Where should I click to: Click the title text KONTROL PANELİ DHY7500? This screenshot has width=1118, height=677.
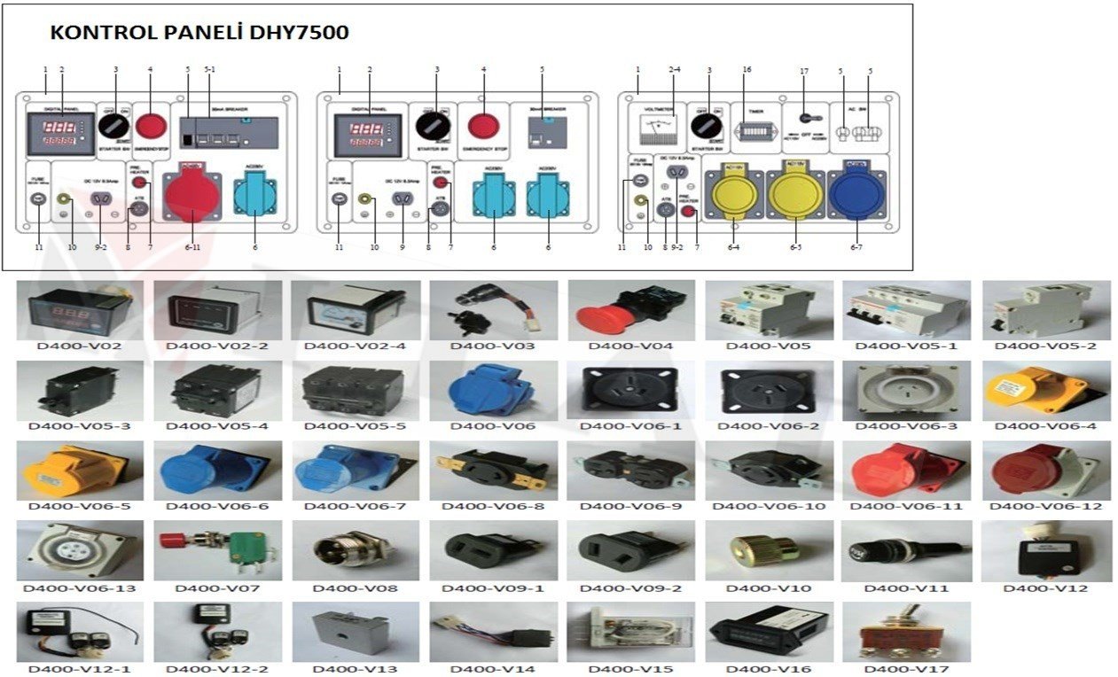pyautogui.click(x=199, y=33)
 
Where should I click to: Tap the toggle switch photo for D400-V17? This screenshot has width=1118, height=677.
pyautogui.click(x=906, y=631)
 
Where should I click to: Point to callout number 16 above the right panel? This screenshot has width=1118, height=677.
pyautogui.click(x=747, y=69)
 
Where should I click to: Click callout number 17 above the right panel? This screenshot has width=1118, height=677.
pyautogui.click(x=803, y=69)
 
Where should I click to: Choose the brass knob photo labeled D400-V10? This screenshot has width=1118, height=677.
pyautogui.click(x=769, y=550)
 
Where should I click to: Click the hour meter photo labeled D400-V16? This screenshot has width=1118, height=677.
pyautogui.click(x=769, y=631)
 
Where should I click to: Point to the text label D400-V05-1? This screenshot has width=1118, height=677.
pyautogui.click(x=906, y=346)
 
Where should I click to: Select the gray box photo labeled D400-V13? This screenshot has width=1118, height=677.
pyautogui.click(x=356, y=631)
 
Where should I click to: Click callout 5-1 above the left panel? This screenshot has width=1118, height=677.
pyautogui.click(x=209, y=69)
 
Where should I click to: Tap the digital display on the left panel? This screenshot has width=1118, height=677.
pyautogui.click(x=60, y=133)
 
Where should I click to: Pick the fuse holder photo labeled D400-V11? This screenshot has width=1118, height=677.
pyautogui.click(x=906, y=550)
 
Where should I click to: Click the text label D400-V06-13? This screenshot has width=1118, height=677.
pyautogui.click(x=80, y=588)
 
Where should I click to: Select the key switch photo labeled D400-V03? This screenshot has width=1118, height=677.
pyautogui.click(x=493, y=309)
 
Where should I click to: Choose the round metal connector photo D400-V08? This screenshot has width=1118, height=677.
pyautogui.click(x=356, y=550)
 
